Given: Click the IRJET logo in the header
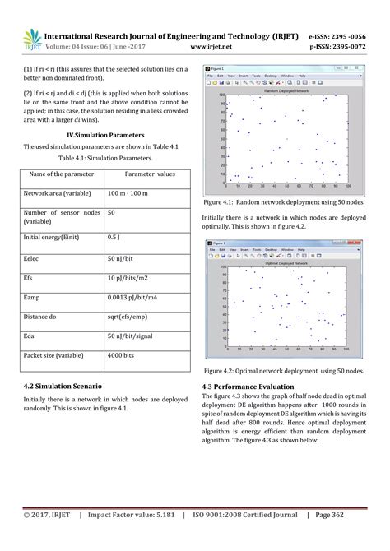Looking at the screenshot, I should [x=32, y=38].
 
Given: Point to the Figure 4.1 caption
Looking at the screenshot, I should [x=283, y=201].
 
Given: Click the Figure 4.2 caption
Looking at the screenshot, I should [x=283, y=371].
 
